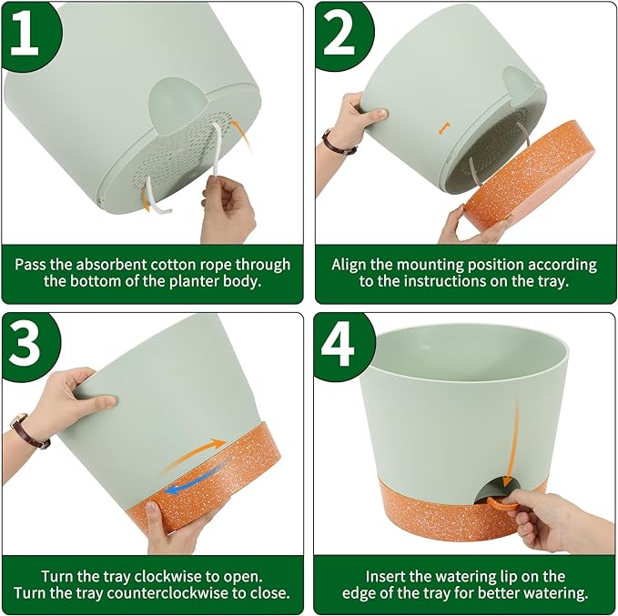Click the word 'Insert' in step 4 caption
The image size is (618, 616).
pos(387,576)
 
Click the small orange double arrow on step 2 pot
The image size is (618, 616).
pos(443,128)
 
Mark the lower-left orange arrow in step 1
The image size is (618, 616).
pos(146,196)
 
